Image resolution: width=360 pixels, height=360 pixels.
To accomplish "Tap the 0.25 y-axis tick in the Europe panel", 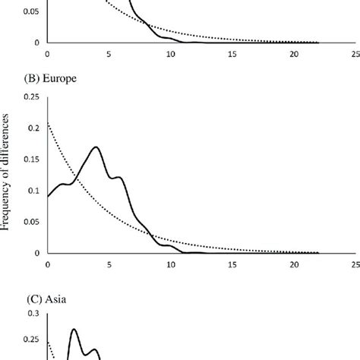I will pyautogui.click(x=30, y=96).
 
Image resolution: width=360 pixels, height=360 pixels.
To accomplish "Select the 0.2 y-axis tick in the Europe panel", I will pyautogui.click(x=34, y=128).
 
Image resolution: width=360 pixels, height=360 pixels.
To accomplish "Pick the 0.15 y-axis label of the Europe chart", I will pyautogui.click(x=30, y=159).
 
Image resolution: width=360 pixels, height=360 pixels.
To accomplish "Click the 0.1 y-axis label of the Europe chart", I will pyautogui.click(x=34, y=190).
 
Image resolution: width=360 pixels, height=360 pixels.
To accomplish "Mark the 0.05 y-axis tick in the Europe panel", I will pyautogui.click(x=30, y=222).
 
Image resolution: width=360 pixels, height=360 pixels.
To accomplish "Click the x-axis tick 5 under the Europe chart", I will pyautogui.click(x=109, y=264).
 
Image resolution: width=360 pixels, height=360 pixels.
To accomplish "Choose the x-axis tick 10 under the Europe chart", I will pyautogui.click(x=171, y=264).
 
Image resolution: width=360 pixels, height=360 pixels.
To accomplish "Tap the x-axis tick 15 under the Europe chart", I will pyautogui.click(x=232, y=264).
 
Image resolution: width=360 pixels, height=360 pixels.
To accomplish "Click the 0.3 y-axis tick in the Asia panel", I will pyautogui.click(x=34, y=312).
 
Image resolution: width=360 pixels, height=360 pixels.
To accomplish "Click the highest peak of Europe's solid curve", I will pyautogui.click(x=96, y=147).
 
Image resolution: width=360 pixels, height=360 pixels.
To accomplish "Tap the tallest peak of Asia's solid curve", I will pyautogui.click(x=74, y=329).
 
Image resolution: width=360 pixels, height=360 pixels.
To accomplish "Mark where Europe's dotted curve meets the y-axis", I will pyautogui.click(x=48, y=122).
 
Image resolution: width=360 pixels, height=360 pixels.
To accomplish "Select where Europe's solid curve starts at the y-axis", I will pyautogui.click(x=48, y=196).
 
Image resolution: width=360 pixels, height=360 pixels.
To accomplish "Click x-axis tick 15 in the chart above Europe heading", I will pyautogui.click(x=232, y=54).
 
